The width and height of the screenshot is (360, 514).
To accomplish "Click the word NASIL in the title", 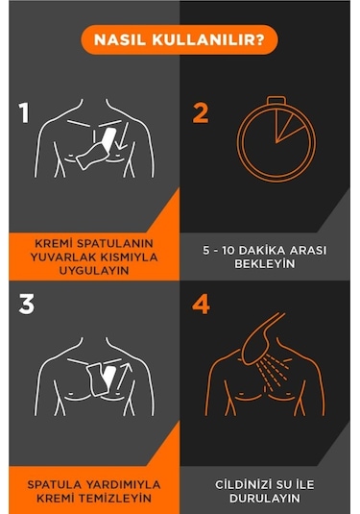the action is click(120, 39).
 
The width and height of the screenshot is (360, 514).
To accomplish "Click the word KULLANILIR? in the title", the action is click(208, 39).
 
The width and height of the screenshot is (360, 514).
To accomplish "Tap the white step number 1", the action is click(24, 112).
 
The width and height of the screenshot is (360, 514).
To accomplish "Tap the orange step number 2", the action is click(201, 112).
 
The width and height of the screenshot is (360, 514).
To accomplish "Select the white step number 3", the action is click(27, 305).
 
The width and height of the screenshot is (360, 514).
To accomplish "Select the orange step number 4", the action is click(201, 305).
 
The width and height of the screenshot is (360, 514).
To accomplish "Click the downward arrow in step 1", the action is click(123, 135).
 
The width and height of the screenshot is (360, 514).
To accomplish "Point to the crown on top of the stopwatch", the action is click(276, 100).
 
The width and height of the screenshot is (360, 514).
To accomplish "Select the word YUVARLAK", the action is click(63, 257).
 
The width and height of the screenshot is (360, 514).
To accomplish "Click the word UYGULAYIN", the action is click(94, 271).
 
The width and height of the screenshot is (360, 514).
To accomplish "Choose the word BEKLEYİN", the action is click(265, 264).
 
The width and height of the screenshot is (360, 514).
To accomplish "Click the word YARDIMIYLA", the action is click(123, 484).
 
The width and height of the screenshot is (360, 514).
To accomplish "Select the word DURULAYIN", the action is click(265, 499).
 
